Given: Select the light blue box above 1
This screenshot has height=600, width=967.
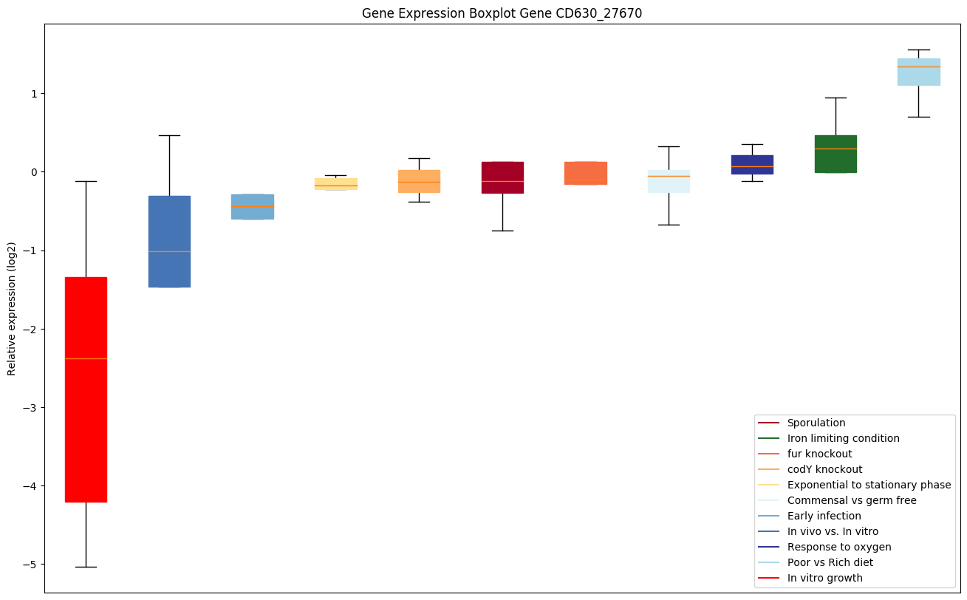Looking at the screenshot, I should (x=918, y=72).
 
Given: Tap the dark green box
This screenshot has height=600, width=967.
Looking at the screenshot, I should (x=836, y=154).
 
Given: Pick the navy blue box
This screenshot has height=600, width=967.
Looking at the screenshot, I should (x=752, y=164).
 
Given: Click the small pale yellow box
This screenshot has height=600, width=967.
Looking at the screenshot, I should (x=336, y=183).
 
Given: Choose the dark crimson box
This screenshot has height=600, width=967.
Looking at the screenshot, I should (x=502, y=177).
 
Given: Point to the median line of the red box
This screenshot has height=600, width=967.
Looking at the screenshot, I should (x=86, y=358).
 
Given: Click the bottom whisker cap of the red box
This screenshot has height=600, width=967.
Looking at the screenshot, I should (x=86, y=567).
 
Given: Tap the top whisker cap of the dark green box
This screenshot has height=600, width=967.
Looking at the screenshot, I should (x=836, y=98).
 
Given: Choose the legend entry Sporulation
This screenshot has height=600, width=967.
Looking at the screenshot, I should (x=816, y=423).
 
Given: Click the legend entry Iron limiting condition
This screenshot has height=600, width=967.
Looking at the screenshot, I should (x=843, y=438).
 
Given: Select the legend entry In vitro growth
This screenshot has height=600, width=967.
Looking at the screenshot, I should (x=824, y=578).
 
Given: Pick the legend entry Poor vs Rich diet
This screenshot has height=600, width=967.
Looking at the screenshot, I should (x=830, y=562).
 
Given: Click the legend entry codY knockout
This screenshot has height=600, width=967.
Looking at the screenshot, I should (x=824, y=469).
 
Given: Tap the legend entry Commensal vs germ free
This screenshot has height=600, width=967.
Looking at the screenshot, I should (x=851, y=500).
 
